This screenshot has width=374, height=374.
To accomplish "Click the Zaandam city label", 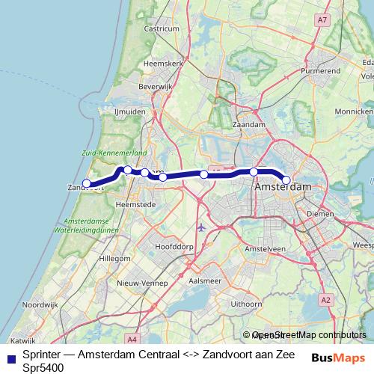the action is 249,124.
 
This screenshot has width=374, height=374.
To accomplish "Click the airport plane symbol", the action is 200,226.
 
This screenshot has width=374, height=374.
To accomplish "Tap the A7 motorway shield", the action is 322,20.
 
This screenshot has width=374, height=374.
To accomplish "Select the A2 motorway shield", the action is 325,299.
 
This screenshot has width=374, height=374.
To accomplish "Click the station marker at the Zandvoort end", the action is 87,183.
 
